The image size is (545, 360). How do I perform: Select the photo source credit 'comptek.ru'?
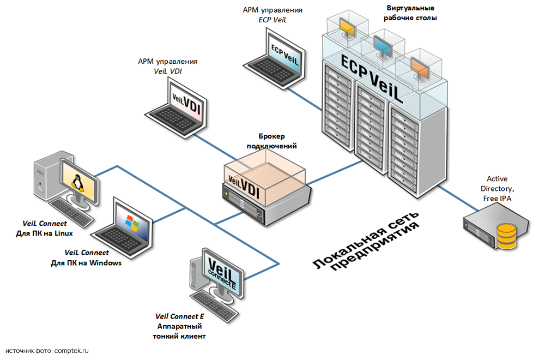coord(71,351)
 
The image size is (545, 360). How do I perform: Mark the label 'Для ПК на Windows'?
coord(86,262)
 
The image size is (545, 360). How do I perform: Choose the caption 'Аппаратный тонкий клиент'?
coord(180,331)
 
